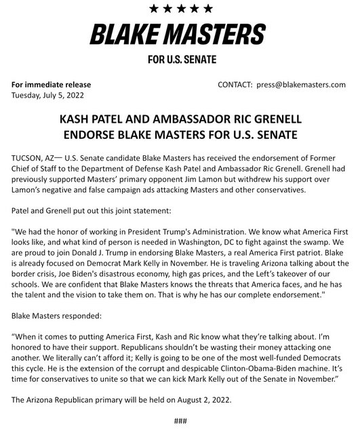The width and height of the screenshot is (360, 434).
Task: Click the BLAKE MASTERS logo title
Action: point(179,33)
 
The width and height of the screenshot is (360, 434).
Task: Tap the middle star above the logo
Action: point(180,9)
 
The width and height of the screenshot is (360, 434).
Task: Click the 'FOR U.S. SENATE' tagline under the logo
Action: point(179,60)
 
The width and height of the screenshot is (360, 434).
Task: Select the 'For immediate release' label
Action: point(51,85)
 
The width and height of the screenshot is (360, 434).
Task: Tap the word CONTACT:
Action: point(235,85)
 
